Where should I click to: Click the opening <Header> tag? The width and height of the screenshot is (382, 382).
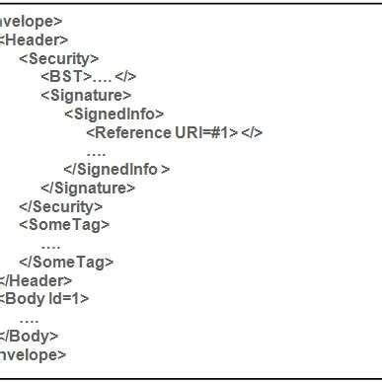(35, 39)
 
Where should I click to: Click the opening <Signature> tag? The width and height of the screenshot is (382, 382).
(86, 95)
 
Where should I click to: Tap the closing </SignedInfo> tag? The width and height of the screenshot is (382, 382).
(116, 169)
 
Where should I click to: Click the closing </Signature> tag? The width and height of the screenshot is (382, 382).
(88, 188)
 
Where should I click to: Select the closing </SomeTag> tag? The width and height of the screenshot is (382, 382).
(66, 262)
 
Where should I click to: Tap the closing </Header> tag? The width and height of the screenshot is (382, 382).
(36, 280)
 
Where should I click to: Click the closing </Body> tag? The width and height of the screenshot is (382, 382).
(30, 336)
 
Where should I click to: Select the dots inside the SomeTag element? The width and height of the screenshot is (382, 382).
(51, 244)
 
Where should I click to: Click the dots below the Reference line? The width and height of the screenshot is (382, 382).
(96, 151)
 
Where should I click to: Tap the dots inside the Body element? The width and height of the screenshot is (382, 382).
(29, 318)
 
